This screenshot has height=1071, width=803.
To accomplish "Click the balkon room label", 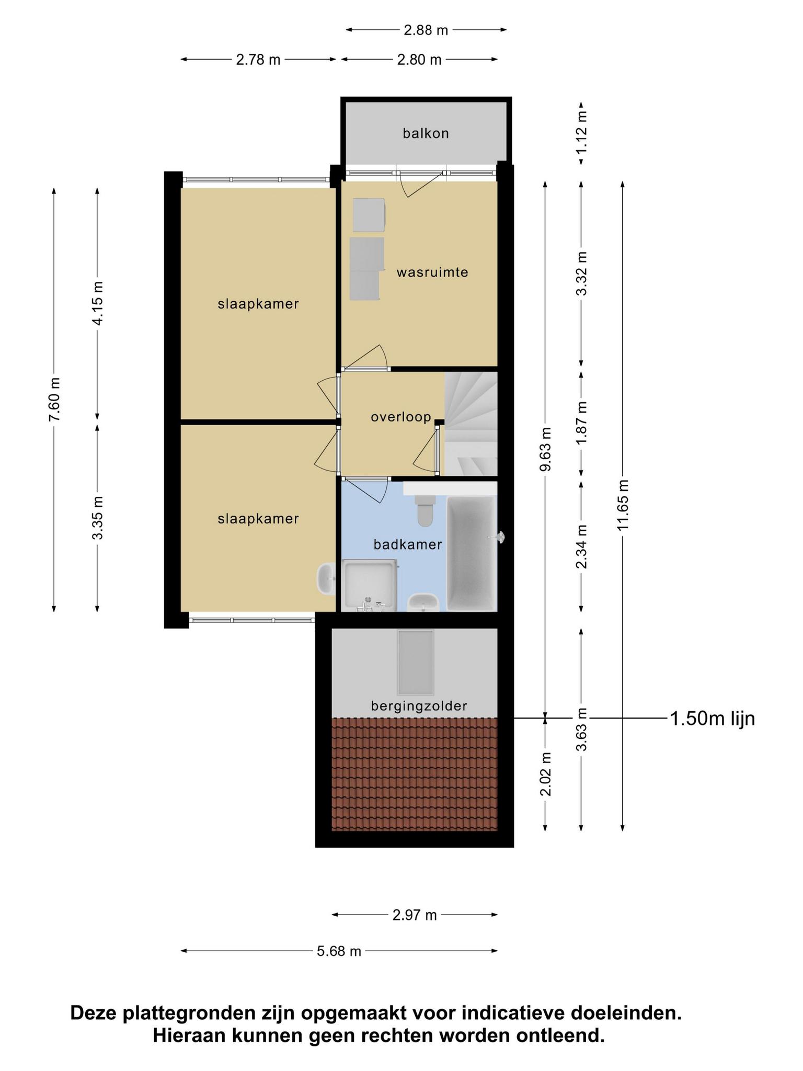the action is click(x=426, y=133).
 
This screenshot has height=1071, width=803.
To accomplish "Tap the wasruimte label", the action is click(x=432, y=272).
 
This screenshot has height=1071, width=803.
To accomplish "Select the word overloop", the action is click(x=401, y=417).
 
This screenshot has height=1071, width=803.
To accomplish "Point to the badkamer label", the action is click(x=408, y=544).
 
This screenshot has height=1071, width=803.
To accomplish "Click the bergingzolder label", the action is click(x=419, y=707).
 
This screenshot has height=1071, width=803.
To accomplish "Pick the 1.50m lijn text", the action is click(x=712, y=719).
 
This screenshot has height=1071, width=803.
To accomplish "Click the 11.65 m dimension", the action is click(x=623, y=505).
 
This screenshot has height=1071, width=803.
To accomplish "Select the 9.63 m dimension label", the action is click(x=545, y=449).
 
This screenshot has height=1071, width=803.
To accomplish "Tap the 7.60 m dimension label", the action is click(x=54, y=399).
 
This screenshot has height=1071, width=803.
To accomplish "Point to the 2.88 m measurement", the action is click(x=426, y=30).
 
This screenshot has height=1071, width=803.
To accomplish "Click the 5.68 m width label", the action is click(x=339, y=951).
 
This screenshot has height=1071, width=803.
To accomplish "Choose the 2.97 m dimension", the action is click(x=415, y=915).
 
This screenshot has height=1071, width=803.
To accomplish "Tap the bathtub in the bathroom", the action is click(x=471, y=553).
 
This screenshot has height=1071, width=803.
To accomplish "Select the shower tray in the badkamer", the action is click(x=369, y=585).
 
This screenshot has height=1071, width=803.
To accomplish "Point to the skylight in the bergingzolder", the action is click(x=416, y=663).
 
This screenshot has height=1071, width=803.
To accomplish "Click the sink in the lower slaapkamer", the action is click(x=326, y=579).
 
